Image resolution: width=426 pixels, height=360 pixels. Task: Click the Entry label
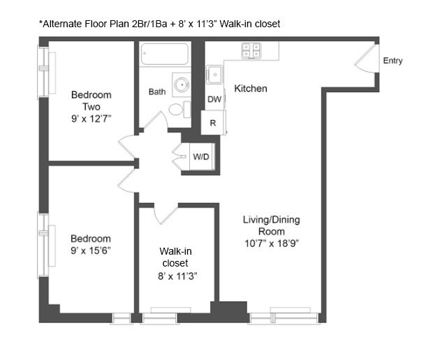[x=392, y=61]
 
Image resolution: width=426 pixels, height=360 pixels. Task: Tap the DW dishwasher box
[x=214, y=100]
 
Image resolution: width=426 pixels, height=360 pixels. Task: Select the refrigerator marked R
[x=213, y=123]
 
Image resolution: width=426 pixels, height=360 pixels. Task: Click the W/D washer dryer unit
[x=201, y=157]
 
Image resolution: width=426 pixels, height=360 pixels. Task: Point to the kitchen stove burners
[x=251, y=50]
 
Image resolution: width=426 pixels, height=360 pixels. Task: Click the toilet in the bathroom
[x=179, y=109]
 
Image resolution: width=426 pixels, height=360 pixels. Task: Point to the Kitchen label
[x=250, y=89]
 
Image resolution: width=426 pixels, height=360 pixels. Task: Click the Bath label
[x=156, y=91]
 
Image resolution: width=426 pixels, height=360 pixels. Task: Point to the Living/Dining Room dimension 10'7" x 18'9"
[x=271, y=243]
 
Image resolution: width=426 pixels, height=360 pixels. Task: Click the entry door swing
[x=366, y=59]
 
